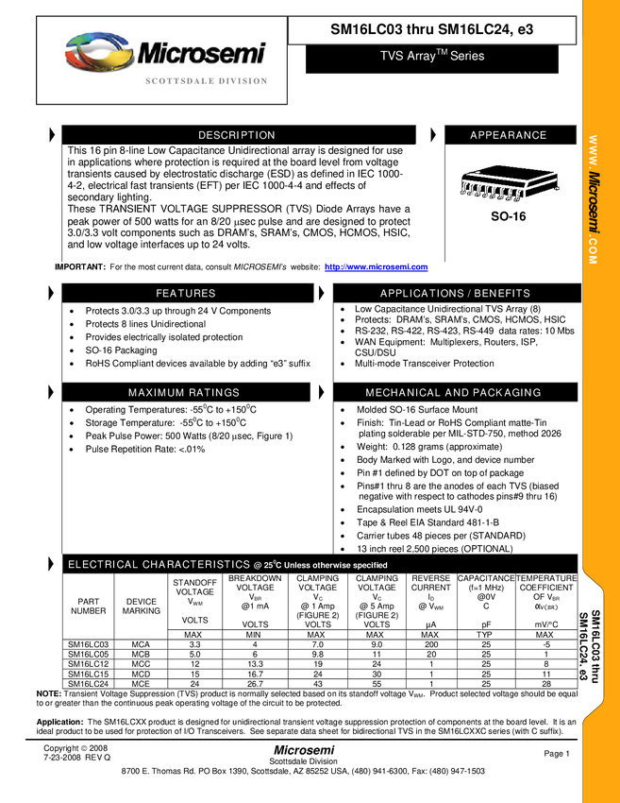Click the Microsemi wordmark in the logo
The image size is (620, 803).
(202, 53)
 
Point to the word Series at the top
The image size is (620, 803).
(467, 57)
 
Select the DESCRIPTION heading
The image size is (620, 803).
(237, 136)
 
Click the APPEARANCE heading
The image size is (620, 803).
(508, 136)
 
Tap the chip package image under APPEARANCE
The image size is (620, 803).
(508, 183)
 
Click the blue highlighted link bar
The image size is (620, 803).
(376, 268)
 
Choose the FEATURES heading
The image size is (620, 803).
(186, 294)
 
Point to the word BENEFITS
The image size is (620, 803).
(502, 294)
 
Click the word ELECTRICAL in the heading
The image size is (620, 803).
(103, 565)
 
